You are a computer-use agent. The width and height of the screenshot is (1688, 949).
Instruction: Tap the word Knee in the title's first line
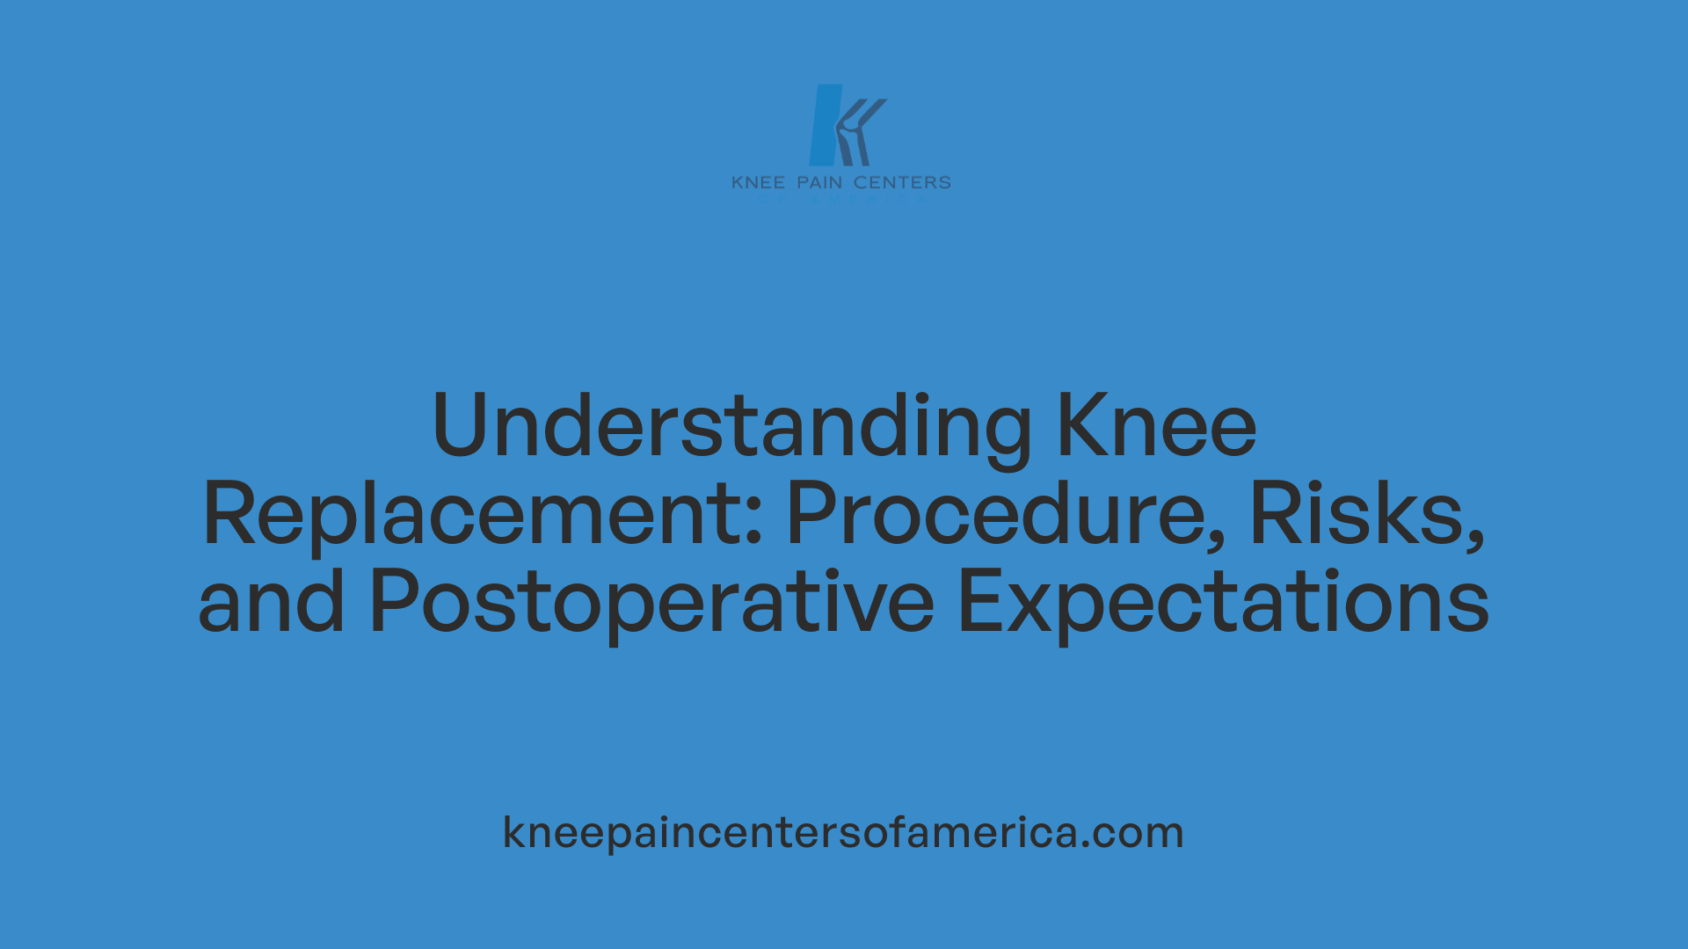(x=1156, y=426)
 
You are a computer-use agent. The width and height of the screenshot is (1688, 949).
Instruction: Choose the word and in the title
(x=272, y=602)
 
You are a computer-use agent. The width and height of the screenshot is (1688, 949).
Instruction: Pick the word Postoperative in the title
(x=651, y=602)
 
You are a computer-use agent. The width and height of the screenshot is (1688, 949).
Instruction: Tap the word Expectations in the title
(x=1223, y=602)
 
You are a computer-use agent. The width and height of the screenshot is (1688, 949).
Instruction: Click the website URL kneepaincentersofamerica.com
(x=843, y=832)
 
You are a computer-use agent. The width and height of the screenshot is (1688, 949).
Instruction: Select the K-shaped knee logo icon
(x=846, y=126)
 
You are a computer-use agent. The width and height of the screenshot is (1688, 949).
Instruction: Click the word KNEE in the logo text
(x=758, y=183)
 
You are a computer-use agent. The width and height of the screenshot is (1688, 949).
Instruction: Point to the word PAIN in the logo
(x=819, y=183)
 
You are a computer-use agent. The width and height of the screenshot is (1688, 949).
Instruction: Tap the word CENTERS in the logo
(x=902, y=183)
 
